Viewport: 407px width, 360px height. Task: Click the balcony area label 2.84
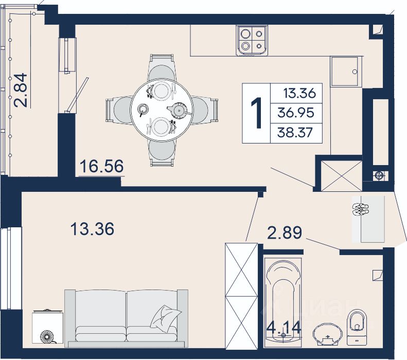(21, 91)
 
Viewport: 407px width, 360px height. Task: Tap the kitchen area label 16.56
(101, 166)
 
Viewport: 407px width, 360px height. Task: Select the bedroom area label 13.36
(92, 229)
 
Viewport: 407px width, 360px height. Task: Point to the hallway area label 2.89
(285, 232)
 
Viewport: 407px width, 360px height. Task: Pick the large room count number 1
(256, 113)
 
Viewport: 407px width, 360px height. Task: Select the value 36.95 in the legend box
(296, 113)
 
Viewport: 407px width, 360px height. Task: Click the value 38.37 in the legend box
(295, 133)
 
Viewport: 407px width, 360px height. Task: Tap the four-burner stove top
(252, 40)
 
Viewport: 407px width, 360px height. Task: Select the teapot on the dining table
(179, 110)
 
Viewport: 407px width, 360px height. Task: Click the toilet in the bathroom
(357, 327)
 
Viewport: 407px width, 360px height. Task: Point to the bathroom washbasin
(326, 335)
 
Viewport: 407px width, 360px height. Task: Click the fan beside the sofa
(47, 336)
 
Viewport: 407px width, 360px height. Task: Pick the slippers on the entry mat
(361, 209)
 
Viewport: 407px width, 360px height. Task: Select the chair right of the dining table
(204, 110)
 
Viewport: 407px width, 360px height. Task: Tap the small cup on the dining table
(143, 109)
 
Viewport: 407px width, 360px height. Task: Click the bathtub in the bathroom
(283, 301)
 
